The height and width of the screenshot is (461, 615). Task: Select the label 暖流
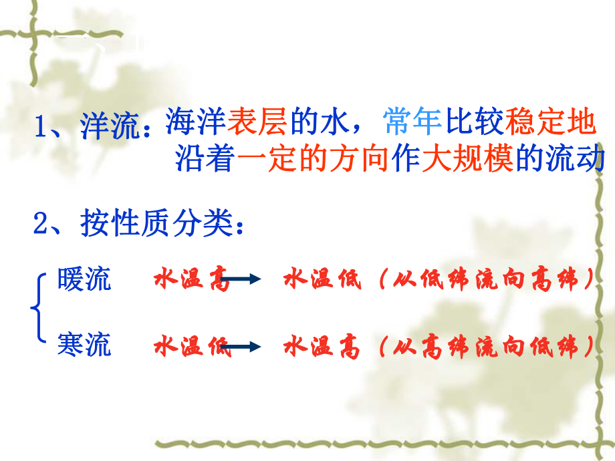tap(84, 280)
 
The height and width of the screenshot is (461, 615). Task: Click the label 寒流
tap(84, 345)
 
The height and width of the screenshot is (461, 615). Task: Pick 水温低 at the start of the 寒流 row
tap(191, 347)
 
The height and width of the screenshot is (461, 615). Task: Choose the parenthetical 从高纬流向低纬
tap(485, 347)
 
